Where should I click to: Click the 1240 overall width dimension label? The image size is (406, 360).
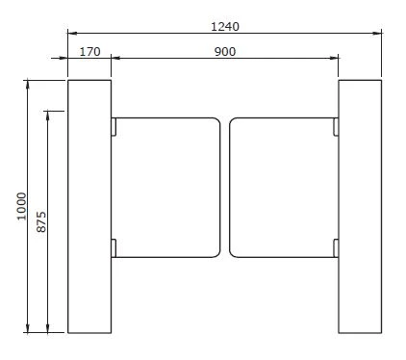tap(225, 26)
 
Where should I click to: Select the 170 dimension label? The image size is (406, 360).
tap(89, 52)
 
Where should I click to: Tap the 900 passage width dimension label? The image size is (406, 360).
tap(225, 52)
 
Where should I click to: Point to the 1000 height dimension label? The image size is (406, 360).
tap(21, 206)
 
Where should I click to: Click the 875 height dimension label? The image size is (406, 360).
tap(41, 221)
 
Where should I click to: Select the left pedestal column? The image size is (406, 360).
tap(89, 206)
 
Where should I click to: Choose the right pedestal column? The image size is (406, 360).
tap(360, 206)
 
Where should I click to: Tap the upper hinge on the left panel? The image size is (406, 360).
tap(114, 127)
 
